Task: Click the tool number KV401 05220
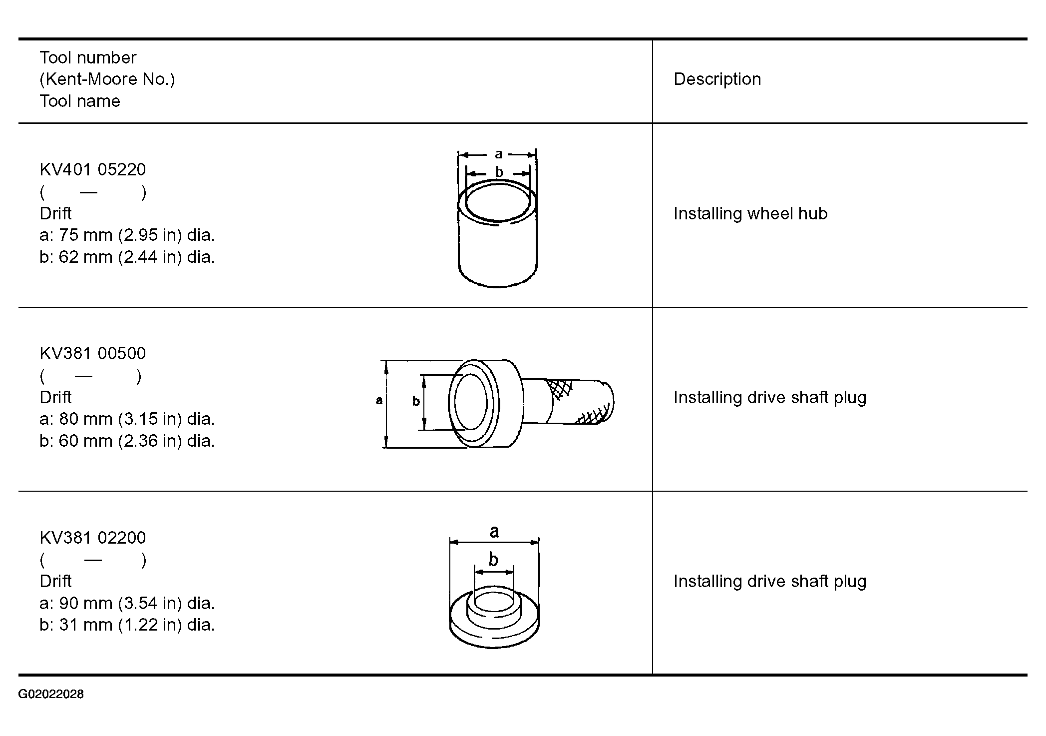pyautogui.click(x=93, y=169)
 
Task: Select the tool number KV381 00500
pyautogui.click(x=93, y=353)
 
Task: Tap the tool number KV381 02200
pyautogui.click(x=93, y=538)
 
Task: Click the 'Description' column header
pyautogui.click(x=717, y=79)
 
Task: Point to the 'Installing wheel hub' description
pyautogui.click(x=750, y=213)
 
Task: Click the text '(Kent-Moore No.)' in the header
pyautogui.click(x=107, y=79)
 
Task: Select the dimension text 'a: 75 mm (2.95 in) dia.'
pyautogui.click(x=127, y=235)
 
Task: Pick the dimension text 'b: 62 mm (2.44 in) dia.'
pyautogui.click(x=127, y=257)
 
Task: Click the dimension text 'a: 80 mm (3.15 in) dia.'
pyautogui.click(x=127, y=419)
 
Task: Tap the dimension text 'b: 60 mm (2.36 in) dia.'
pyautogui.click(x=127, y=441)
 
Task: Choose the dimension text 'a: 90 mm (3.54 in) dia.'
pyautogui.click(x=127, y=603)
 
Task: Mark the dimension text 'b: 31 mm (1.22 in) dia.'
pyautogui.click(x=127, y=625)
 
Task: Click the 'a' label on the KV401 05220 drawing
pyautogui.click(x=498, y=154)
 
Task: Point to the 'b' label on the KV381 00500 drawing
pyautogui.click(x=416, y=401)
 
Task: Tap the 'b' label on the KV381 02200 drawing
pyautogui.click(x=493, y=559)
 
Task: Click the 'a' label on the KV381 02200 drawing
pyautogui.click(x=494, y=532)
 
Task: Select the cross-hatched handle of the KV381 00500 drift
pyautogui.click(x=569, y=402)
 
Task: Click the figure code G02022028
pyautogui.click(x=51, y=694)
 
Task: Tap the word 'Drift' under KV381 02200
pyautogui.click(x=56, y=581)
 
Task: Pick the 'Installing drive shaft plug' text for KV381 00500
pyautogui.click(x=770, y=397)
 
